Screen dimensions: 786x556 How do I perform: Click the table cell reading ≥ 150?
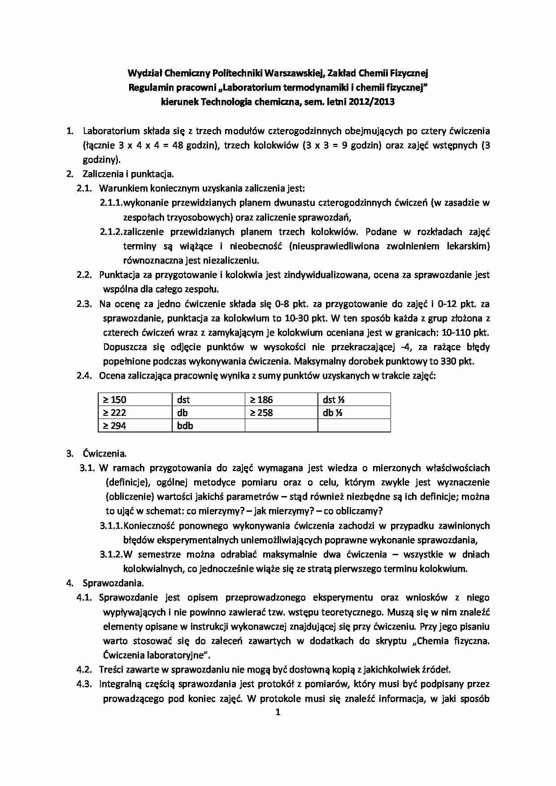click(x=135, y=400)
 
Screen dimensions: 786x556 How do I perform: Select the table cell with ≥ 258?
click(x=281, y=413)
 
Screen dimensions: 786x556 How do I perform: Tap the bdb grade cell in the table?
click(x=208, y=426)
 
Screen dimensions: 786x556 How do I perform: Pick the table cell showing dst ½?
click(x=354, y=400)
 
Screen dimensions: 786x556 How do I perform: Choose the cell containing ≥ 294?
click(x=135, y=426)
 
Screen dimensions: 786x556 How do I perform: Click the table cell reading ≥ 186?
click(x=281, y=400)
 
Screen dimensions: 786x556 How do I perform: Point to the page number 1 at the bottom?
click(x=278, y=712)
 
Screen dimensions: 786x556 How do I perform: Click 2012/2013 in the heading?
click(x=372, y=102)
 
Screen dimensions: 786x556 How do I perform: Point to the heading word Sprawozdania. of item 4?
click(x=113, y=583)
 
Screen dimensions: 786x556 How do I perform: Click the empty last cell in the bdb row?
click(x=354, y=426)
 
